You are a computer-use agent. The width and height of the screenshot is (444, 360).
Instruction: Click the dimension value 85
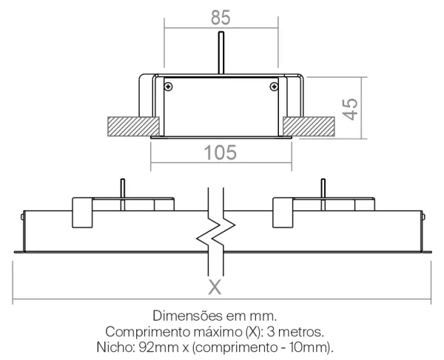(x=221, y=18)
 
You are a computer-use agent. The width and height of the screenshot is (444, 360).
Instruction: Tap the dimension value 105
(x=221, y=153)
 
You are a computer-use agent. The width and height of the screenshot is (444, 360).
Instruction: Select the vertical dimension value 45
(x=350, y=109)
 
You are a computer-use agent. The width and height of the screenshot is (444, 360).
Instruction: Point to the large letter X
(x=215, y=287)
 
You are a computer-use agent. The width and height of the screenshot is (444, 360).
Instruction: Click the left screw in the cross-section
(x=169, y=87)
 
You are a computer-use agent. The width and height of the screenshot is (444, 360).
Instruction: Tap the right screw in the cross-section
(x=274, y=87)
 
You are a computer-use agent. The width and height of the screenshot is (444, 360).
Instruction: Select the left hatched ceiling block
(x=133, y=127)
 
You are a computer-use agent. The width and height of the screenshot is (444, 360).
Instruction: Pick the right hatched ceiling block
(x=309, y=127)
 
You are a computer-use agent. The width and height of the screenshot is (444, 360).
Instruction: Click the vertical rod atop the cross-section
(x=221, y=53)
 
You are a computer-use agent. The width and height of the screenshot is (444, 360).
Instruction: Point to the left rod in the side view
(x=123, y=195)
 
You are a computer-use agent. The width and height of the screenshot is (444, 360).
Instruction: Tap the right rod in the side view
(x=323, y=195)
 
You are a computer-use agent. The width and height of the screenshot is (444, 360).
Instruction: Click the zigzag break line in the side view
(x=216, y=232)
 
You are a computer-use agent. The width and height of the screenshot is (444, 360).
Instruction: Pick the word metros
(x=301, y=332)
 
